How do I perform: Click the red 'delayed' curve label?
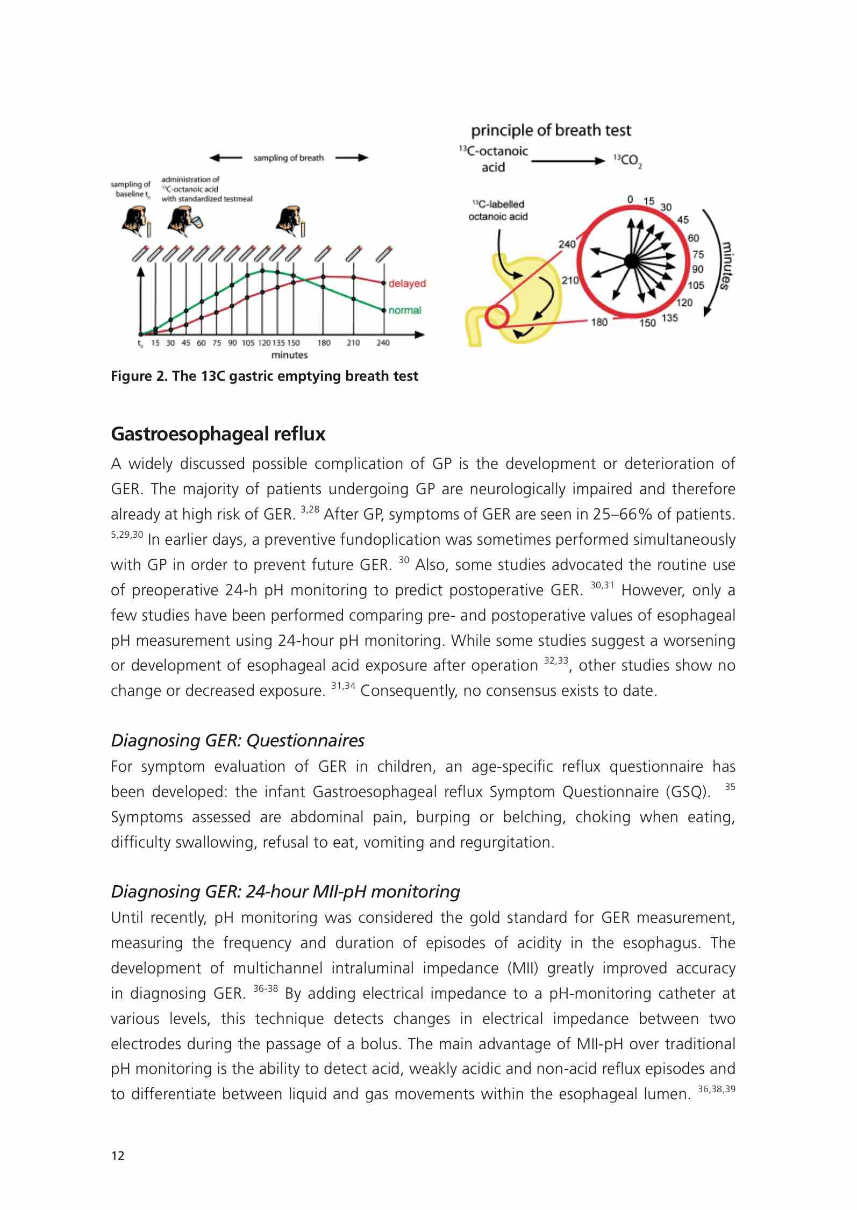point(407,283)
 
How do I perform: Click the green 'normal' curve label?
point(405,310)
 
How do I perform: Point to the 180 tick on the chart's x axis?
point(324,343)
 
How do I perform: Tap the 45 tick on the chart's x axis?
point(186,343)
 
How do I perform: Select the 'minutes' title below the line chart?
point(289,355)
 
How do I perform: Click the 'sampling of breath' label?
point(289,158)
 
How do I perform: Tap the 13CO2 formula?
point(627,161)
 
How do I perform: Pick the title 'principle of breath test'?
point(551,131)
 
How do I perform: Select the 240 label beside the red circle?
point(567,244)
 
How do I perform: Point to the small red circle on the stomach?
point(496,316)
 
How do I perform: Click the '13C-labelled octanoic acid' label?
point(498,210)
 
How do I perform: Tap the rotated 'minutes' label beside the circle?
point(726,266)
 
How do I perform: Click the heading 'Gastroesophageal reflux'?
point(218,434)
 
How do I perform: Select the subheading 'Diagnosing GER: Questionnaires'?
point(238,741)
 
